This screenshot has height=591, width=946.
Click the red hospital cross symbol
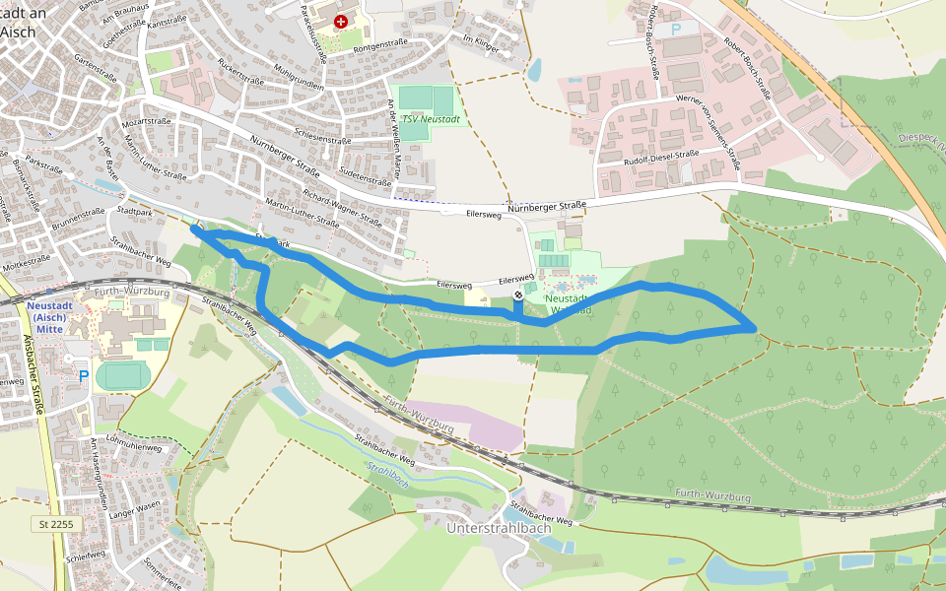click(x=341, y=21)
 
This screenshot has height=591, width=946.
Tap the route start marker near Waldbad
click(x=518, y=295)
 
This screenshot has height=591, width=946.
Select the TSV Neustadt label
click(x=431, y=118)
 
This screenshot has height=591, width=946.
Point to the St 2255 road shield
click(x=56, y=524)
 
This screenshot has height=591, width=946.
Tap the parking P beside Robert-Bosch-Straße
click(x=676, y=30)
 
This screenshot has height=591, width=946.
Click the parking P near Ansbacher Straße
click(x=83, y=374)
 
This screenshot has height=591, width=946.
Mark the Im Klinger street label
click(x=481, y=42)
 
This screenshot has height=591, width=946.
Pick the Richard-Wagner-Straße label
click(x=342, y=208)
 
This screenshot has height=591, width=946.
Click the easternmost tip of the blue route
click(x=755, y=327)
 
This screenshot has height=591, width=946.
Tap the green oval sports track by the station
click(x=125, y=375)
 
